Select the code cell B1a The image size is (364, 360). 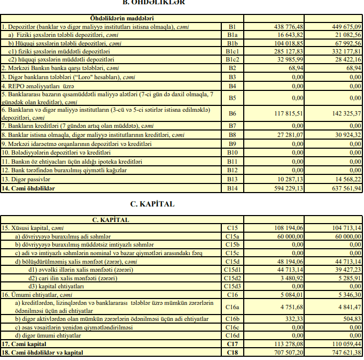[x=232, y=34]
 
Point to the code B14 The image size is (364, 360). [x=232, y=188]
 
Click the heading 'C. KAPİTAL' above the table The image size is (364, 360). [x=152, y=204]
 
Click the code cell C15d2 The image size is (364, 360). [x=232, y=278]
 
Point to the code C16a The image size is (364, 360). [x=232, y=307]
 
